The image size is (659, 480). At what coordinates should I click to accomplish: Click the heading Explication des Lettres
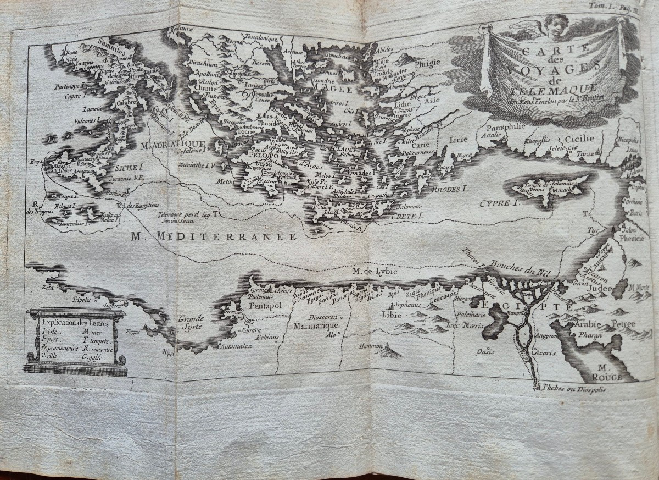point(76,323)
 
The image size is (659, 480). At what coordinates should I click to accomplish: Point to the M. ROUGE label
point(610,372)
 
